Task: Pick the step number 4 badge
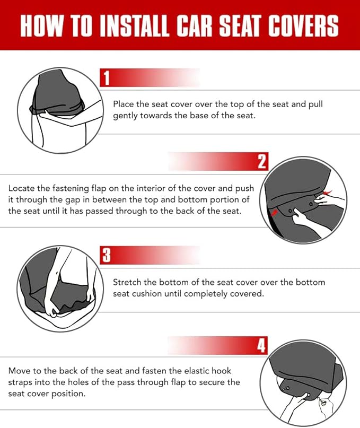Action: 261,346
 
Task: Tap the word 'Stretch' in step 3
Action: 128,282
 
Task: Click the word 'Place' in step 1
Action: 124,104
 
